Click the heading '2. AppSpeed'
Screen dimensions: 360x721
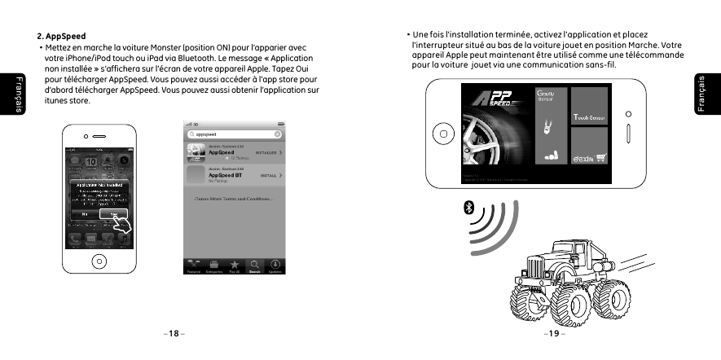[61, 37]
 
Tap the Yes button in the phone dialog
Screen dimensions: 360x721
[113, 213]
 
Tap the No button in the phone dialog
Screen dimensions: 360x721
[84, 213]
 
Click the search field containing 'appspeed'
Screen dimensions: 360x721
[235, 133]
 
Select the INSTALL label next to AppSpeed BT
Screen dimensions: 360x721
[268, 175]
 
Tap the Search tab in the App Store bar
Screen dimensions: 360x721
[255, 266]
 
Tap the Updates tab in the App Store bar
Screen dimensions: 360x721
[275, 266]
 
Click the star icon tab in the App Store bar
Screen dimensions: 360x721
[235, 266]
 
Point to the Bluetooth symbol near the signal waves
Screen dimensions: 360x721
[468, 207]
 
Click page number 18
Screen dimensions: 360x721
[174, 334]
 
